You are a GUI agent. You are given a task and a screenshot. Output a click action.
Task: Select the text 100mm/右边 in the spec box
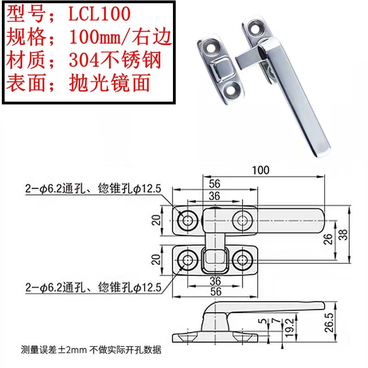120,37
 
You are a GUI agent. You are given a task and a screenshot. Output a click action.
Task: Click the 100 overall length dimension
260,170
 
